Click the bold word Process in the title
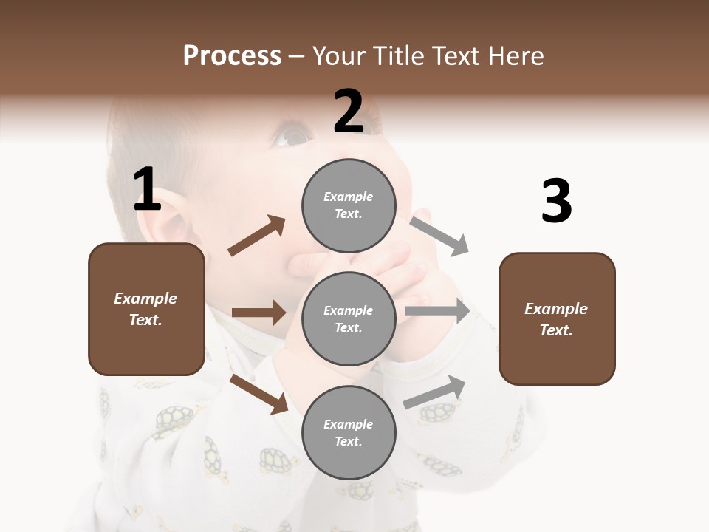pyautogui.click(x=232, y=55)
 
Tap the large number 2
pyautogui.click(x=349, y=112)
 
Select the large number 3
pyautogui.click(x=556, y=202)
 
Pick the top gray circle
pyautogui.click(x=349, y=205)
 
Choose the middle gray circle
pyautogui.click(x=349, y=319)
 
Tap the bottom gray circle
pyautogui.click(x=349, y=433)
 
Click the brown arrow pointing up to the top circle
pyautogui.click(x=257, y=236)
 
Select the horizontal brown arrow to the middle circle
pyautogui.click(x=258, y=313)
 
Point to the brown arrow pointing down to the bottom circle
pyautogui.click(x=258, y=394)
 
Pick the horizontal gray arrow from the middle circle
pyautogui.click(x=437, y=311)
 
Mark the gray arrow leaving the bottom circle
pyautogui.click(x=435, y=392)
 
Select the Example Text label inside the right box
pyautogui.click(x=556, y=319)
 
